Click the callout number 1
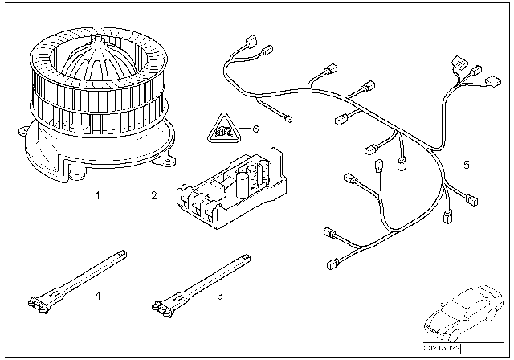tap(97, 195)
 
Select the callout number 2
tap(153, 195)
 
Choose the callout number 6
tap(255, 129)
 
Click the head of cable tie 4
tap(39, 305)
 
